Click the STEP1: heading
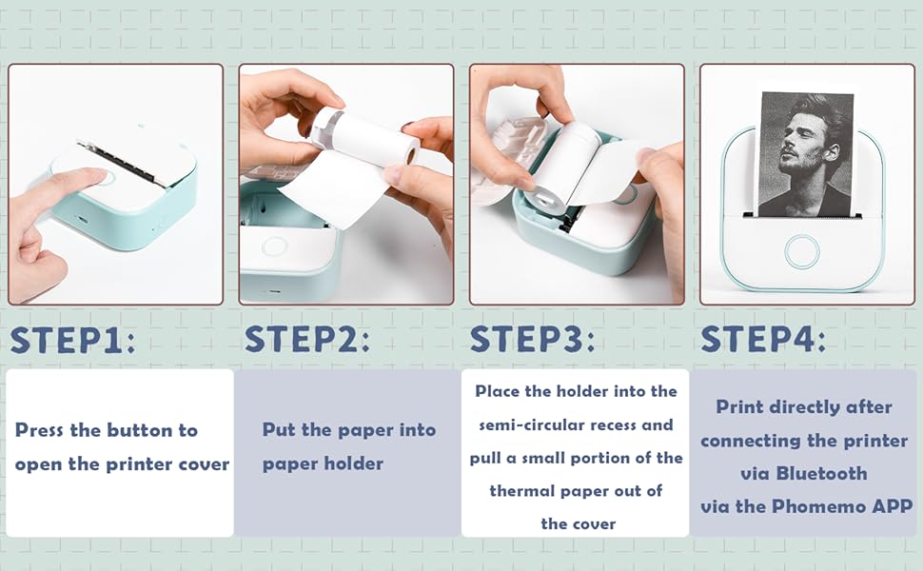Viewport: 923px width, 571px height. coord(73,340)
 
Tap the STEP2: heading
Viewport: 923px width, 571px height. coord(307,339)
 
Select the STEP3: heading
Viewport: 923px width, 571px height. coord(533,339)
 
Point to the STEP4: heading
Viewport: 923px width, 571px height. coord(763,339)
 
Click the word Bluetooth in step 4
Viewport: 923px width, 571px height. coord(821,473)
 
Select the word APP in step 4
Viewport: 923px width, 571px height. coord(893,506)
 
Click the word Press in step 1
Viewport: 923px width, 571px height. coord(39,430)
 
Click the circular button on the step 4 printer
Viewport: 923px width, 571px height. coord(802,251)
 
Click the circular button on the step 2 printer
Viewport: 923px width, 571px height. coord(274,246)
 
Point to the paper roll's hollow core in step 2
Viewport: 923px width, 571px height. coord(411,155)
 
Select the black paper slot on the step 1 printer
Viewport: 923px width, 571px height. coord(118,161)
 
